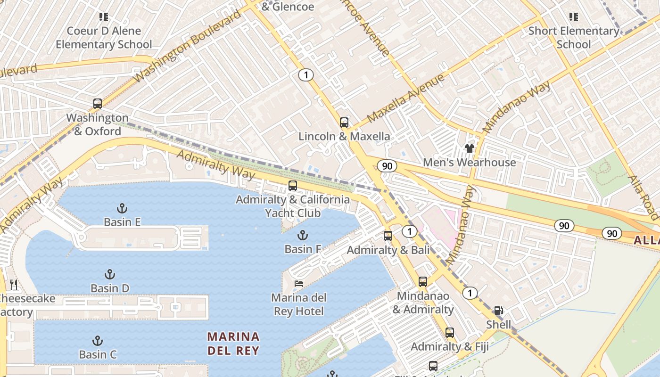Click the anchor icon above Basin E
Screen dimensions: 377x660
pyautogui.click(x=122, y=208)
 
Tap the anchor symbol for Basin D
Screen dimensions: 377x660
pyautogui.click(x=110, y=274)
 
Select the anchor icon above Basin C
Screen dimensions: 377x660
pyautogui.click(x=98, y=341)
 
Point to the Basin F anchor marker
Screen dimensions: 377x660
pyautogui.click(x=303, y=235)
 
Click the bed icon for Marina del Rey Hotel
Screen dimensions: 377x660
pyautogui.click(x=299, y=284)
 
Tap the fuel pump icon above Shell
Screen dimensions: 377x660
pyautogui.click(x=498, y=311)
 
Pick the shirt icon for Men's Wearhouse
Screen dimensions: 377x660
pyautogui.click(x=469, y=148)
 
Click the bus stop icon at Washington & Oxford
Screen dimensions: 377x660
pyautogui.click(x=98, y=104)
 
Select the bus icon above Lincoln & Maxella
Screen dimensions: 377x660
pyautogui.click(x=344, y=123)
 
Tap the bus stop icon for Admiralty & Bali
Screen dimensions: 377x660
pyautogui.click(x=388, y=236)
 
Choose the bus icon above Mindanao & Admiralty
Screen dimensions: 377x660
pyautogui.click(x=423, y=282)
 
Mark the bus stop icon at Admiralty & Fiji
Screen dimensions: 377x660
pyautogui.click(x=450, y=333)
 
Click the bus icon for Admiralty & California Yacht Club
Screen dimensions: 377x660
pyautogui.click(x=293, y=186)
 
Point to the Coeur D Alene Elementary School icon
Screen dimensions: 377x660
pyautogui.click(x=104, y=17)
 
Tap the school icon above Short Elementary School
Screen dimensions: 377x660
pyautogui.click(x=574, y=17)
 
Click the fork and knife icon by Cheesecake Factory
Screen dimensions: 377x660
pyautogui.click(x=14, y=284)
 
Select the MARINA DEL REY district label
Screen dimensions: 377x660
pyautogui.click(x=233, y=344)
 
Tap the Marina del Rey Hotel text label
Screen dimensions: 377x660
pyautogui.click(x=298, y=304)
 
